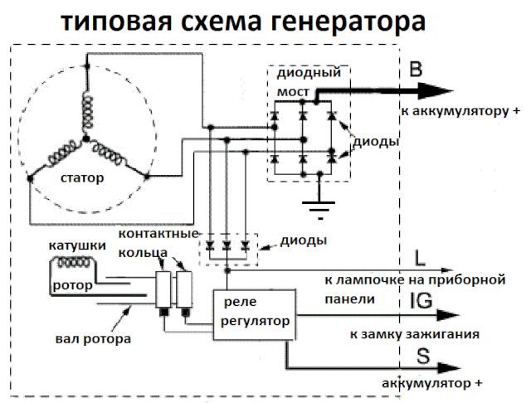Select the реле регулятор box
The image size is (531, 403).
point(254,311)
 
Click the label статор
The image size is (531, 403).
point(80,178)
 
